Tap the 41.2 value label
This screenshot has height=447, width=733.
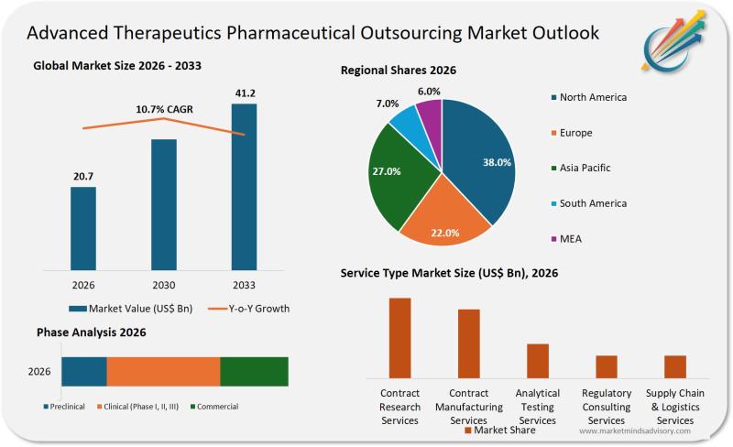pyautogui.click(x=244, y=93)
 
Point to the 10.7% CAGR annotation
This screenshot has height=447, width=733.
pyautogui.click(x=165, y=109)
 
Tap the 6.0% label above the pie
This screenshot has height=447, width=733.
pyautogui.click(x=429, y=92)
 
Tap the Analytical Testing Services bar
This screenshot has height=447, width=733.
pyautogui.click(x=538, y=360)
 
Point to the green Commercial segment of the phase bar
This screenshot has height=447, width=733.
pyautogui.click(x=254, y=372)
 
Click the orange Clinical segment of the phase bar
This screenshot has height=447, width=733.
pyautogui.click(x=163, y=372)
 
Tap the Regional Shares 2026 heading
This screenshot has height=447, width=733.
pyautogui.click(x=398, y=71)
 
